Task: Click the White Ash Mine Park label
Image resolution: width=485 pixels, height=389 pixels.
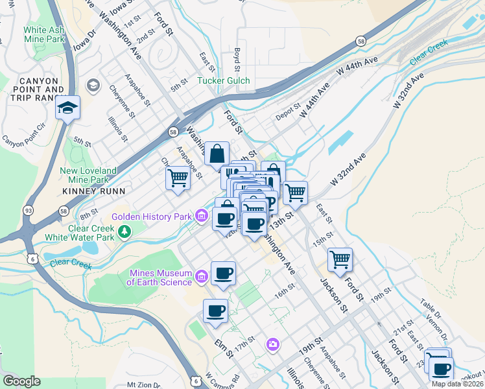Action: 44,34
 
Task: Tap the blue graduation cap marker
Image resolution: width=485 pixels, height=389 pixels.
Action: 67,108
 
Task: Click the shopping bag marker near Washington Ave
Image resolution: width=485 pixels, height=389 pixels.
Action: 217,154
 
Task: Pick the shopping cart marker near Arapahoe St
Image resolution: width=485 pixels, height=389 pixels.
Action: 178,178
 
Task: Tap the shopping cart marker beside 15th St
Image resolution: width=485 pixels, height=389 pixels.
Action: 340,260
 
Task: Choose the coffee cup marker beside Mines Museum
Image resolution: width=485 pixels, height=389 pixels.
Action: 223,273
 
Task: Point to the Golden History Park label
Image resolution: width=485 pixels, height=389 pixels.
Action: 152,216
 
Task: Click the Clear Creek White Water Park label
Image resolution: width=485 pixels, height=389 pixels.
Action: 91,233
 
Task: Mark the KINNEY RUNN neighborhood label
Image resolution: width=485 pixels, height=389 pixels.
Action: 89,191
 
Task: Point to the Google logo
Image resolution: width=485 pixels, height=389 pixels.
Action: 21,381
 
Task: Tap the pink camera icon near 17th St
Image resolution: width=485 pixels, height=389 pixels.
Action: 273,344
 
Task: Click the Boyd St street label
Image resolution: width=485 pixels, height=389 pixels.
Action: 237,60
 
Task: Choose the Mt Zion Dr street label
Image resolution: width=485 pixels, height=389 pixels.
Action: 144,384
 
